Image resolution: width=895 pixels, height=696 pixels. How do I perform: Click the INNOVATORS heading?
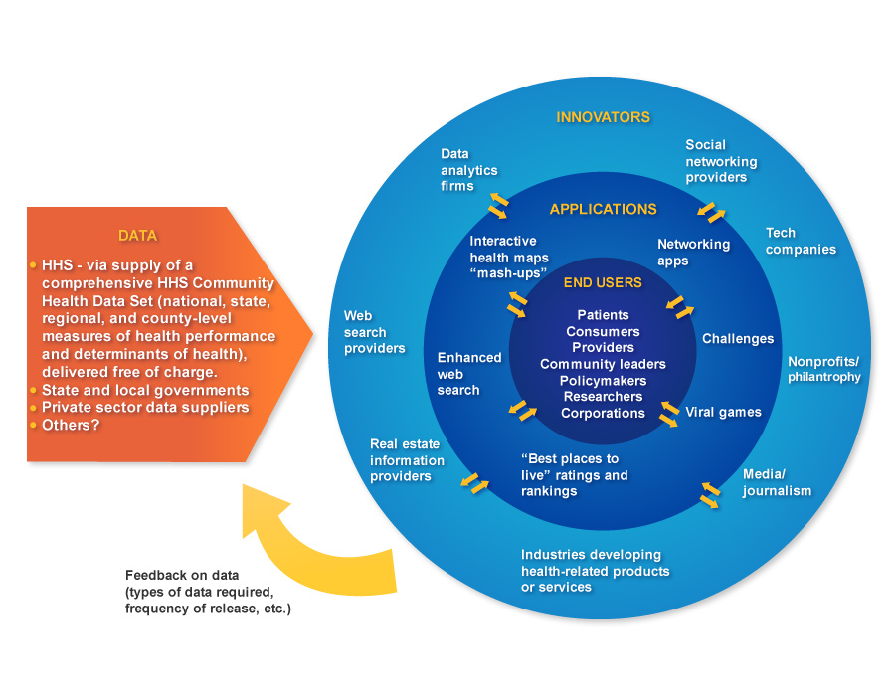coord(603,117)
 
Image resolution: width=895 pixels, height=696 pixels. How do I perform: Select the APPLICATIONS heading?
coord(603,209)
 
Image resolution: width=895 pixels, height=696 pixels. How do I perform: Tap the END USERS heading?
coord(603,282)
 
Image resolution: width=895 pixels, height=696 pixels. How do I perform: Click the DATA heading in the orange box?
coord(137,236)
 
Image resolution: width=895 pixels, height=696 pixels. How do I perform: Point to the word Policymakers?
coord(603,381)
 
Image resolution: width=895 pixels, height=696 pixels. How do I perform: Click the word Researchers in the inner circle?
coord(603,397)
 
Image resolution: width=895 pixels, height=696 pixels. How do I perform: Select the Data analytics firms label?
coord(468,170)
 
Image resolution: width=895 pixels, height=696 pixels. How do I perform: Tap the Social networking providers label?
coord(721,161)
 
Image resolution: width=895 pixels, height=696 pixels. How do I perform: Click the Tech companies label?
coord(801,241)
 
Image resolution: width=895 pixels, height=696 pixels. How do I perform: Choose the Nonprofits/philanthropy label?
coord(824,369)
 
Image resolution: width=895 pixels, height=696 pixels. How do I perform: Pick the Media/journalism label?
coord(777,482)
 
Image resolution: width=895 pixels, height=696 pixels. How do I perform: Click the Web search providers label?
coord(374,332)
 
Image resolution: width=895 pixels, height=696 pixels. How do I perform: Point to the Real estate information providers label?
coord(407,460)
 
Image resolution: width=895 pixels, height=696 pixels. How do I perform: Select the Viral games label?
coord(723,412)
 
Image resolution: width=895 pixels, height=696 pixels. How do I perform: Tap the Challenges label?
coord(737,339)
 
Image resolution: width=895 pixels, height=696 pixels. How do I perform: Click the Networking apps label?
coord(693,253)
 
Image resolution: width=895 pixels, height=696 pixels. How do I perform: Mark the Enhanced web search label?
coord(469,374)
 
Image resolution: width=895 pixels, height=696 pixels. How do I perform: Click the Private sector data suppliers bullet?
coord(144,408)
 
